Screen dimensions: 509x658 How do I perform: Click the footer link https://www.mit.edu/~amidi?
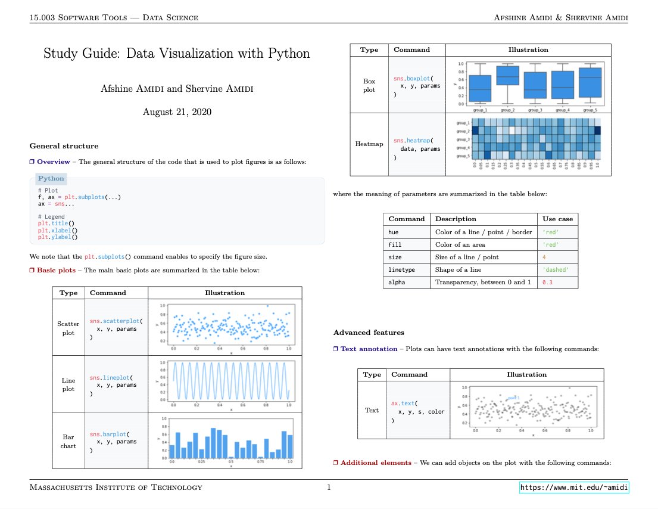[574, 488]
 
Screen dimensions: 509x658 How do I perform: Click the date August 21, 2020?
[177, 111]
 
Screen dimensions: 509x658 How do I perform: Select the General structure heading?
[64, 146]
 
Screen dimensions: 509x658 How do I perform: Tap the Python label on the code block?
[51, 178]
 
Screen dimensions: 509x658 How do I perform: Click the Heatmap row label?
[369, 144]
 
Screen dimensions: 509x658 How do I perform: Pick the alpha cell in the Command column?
[396, 282]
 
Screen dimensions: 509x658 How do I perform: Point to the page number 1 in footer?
[329, 488]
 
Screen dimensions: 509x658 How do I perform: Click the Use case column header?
[557, 219]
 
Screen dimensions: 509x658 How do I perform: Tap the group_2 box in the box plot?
[508, 76]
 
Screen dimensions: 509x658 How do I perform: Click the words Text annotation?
[369, 349]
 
